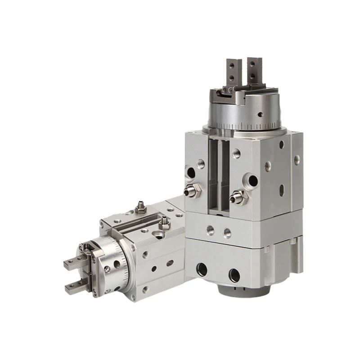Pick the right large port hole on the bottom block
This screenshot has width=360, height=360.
pyautogui.click(x=234, y=274)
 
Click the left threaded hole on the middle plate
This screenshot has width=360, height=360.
pyautogui.click(x=210, y=230)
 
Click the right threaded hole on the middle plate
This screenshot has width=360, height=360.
pyautogui.click(x=227, y=233)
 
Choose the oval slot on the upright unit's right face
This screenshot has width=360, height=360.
pyautogui.click(x=282, y=190)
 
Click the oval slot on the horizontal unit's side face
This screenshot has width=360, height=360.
pyautogui.click(x=170, y=263)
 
